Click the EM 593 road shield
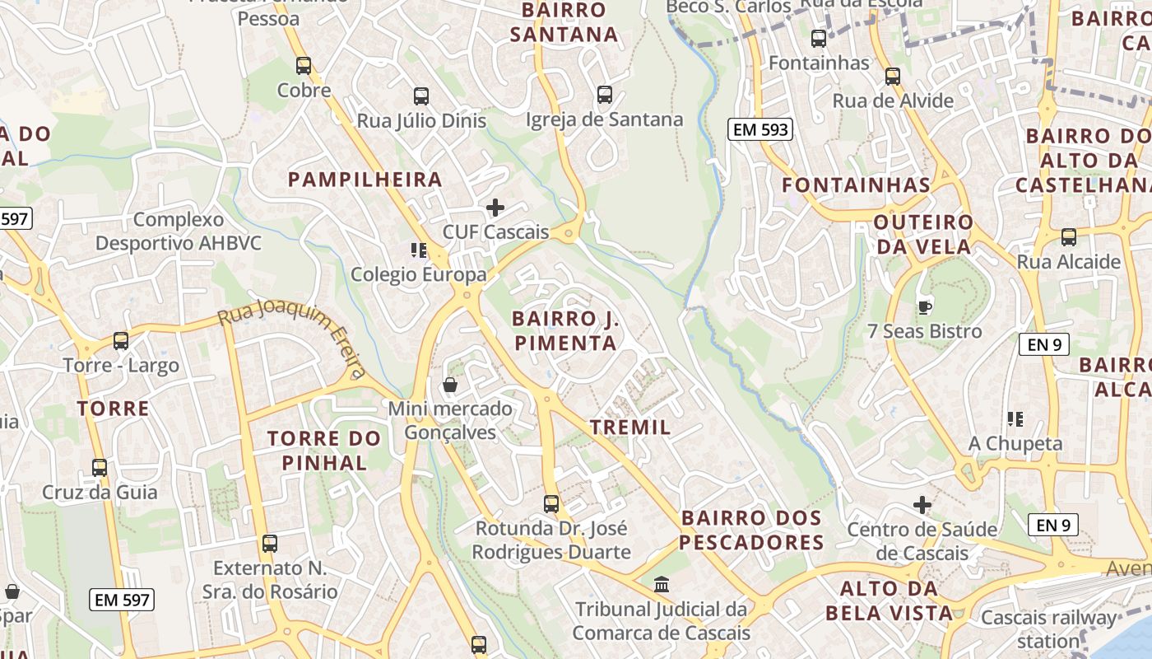[x=759, y=129]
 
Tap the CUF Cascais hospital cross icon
[x=495, y=208]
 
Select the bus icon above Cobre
[x=304, y=66]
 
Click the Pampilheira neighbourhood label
[x=365, y=180]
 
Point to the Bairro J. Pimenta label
[x=564, y=331]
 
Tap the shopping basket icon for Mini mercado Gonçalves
[x=450, y=385]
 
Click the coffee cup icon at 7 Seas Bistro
[x=924, y=307]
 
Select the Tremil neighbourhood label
[x=630, y=428]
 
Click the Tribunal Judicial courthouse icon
[x=662, y=585]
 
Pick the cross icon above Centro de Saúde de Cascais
[x=922, y=504]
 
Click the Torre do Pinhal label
[x=324, y=451]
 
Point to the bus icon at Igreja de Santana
[x=605, y=95]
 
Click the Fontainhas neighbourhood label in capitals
[x=856, y=185]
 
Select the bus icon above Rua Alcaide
[x=1069, y=237]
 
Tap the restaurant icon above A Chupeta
[x=1015, y=419]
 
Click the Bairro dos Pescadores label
[x=751, y=530]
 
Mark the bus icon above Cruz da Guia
[x=100, y=468]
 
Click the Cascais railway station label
[x=1049, y=629]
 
